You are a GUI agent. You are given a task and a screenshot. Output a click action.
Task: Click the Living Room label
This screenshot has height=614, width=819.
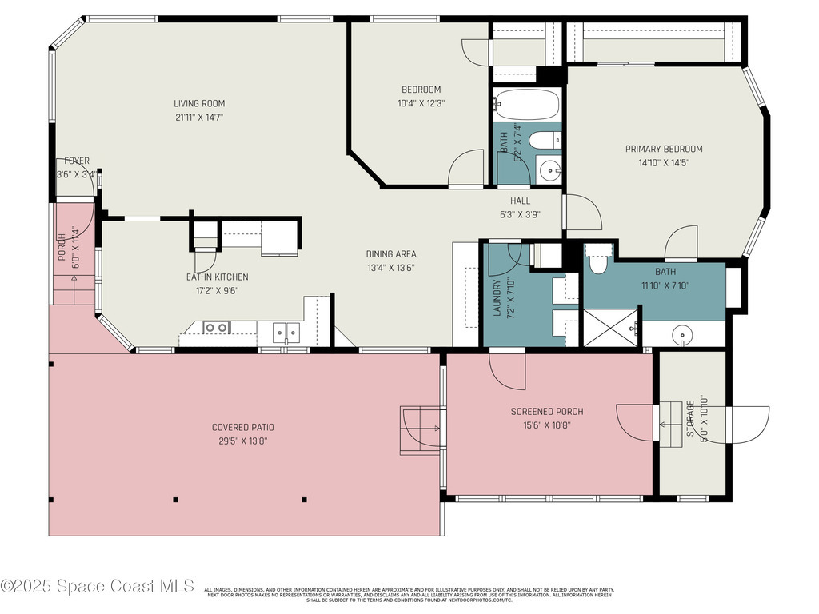click(199, 103)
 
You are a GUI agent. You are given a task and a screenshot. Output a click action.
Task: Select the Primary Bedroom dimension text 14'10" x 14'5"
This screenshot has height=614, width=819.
click(663, 162)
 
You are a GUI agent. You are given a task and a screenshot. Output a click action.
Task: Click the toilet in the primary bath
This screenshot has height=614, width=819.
click(597, 261)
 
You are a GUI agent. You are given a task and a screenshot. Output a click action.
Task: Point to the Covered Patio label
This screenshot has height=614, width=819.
click(242, 427)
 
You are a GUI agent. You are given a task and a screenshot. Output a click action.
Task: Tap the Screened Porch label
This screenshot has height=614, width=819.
click(547, 412)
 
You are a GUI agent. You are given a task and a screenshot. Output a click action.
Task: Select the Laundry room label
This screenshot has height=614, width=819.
click(497, 297)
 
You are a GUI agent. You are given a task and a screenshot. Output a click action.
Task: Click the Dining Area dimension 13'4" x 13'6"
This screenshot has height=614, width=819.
click(390, 268)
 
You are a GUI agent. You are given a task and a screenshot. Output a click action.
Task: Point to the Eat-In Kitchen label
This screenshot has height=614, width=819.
click(217, 277)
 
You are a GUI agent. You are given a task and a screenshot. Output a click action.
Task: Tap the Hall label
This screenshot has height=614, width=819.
click(520, 201)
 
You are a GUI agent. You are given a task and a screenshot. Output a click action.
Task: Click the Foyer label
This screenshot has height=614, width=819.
click(77, 161)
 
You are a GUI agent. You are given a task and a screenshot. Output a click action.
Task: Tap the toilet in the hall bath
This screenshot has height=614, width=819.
click(546, 142)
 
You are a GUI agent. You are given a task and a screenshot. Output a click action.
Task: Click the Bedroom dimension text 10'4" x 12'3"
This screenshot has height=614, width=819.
click(421, 103)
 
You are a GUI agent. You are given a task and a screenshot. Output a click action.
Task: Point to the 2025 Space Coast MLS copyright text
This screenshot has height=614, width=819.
click(98, 586)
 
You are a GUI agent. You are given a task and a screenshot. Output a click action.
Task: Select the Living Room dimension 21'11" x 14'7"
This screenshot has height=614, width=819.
click(199, 117)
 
